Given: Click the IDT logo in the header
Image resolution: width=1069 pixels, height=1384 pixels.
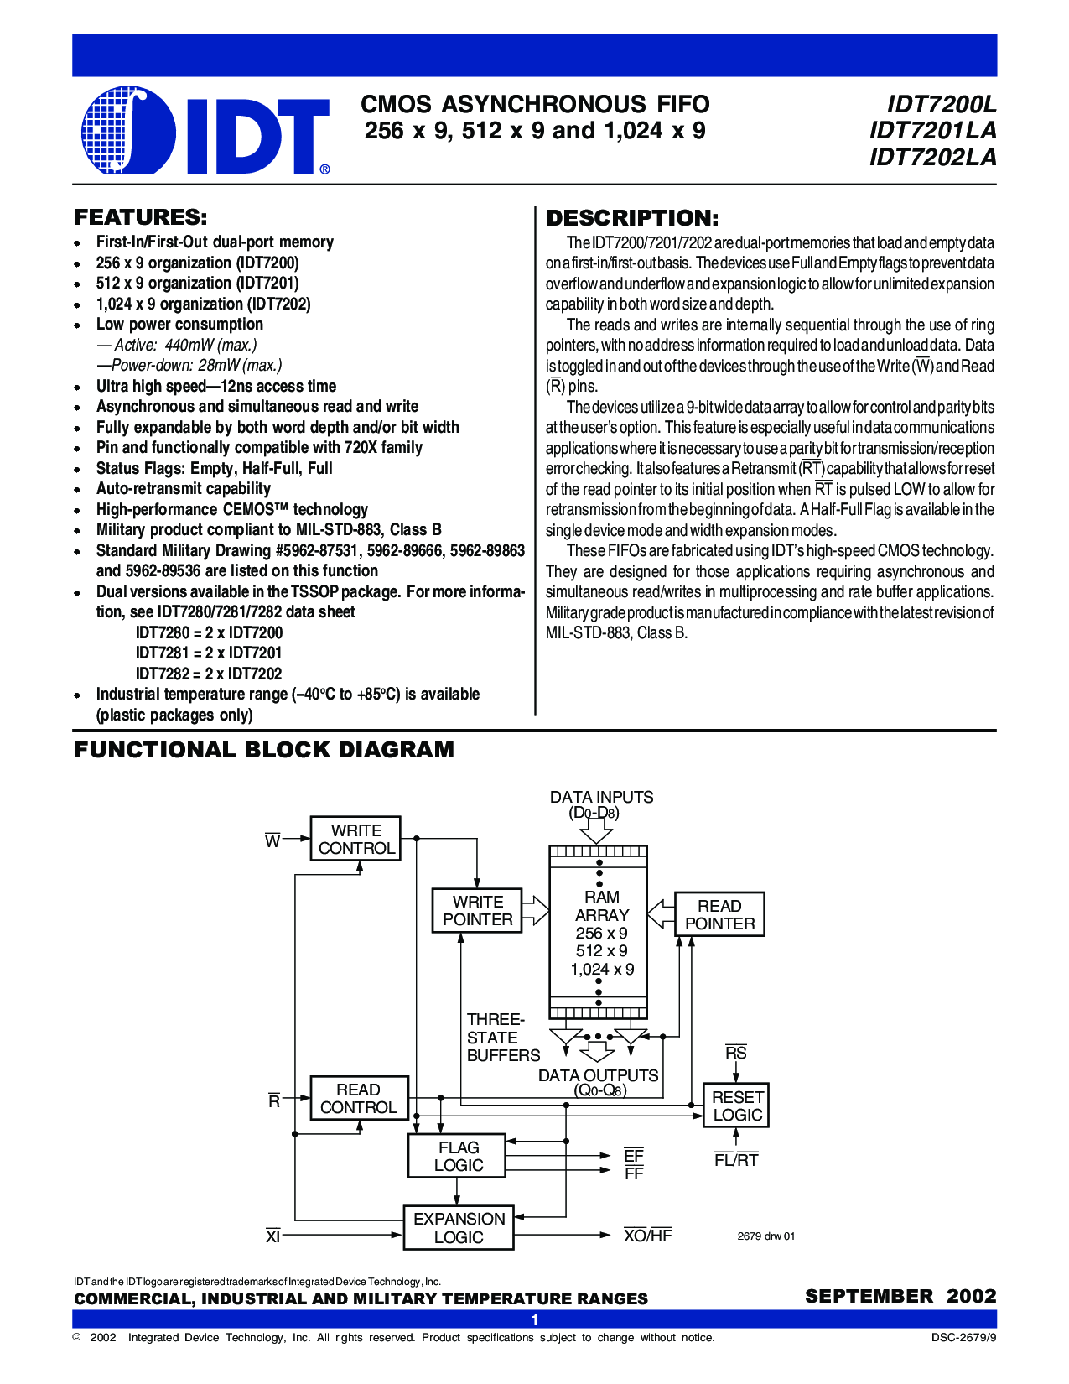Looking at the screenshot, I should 205,130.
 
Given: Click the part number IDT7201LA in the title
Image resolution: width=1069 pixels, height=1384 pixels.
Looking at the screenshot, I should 932,130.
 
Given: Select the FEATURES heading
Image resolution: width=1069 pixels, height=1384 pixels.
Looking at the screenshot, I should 141,217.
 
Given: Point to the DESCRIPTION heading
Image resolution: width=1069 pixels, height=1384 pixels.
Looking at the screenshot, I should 632,218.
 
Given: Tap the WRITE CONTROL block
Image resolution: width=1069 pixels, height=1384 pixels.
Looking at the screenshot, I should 355,839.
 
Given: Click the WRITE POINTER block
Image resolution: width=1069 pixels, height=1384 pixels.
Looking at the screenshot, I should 477,911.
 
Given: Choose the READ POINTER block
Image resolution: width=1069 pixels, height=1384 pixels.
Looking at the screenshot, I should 719,914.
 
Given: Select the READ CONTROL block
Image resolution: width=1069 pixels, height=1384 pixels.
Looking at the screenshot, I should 359,1098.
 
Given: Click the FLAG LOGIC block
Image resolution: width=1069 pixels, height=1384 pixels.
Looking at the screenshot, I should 458,1156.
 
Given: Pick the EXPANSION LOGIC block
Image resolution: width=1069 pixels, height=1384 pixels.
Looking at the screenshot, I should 459,1228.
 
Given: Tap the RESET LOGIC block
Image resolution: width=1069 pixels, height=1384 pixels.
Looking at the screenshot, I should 736,1106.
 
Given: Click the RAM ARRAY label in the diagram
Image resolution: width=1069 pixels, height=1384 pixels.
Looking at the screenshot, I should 601,906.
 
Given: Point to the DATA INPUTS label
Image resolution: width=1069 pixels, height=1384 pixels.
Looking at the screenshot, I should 601,797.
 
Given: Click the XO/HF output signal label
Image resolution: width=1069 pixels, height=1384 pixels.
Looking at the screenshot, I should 647,1235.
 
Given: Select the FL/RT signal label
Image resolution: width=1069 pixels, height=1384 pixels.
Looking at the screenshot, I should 736,1160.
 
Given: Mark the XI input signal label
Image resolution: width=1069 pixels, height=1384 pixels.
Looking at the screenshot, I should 272,1236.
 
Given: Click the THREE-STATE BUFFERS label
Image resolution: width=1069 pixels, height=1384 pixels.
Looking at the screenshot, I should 502,1038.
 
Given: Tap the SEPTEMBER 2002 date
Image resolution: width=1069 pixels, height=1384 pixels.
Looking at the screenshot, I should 900,1296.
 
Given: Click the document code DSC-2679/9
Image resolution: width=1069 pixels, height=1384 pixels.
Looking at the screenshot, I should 963,1338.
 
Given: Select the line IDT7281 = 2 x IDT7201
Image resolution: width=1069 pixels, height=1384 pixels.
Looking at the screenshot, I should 209,653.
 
